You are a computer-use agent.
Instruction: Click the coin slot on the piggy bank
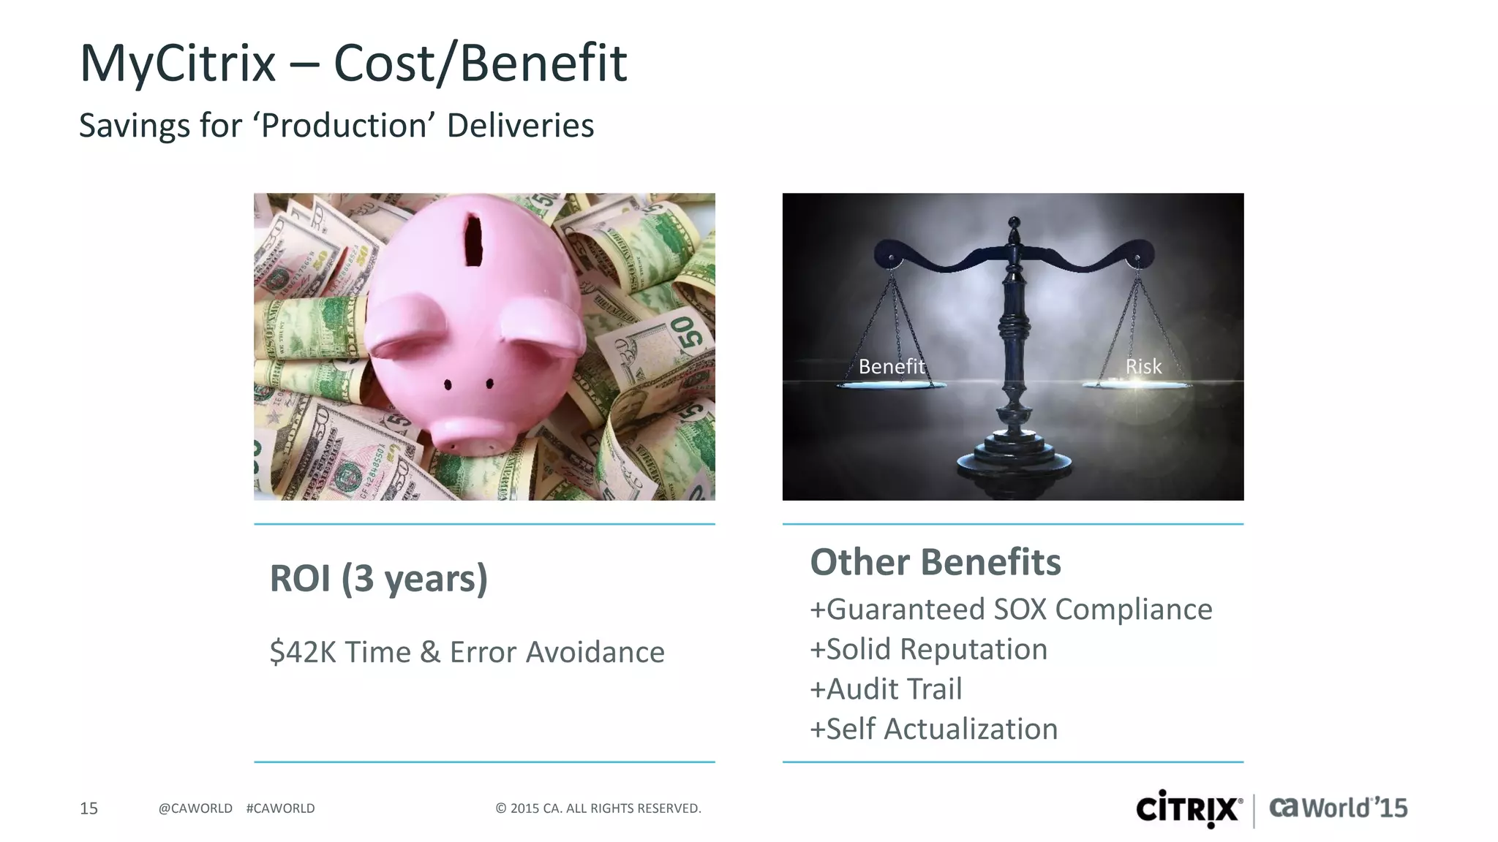click(474, 240)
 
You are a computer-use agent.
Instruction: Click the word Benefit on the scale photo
click(892, 366)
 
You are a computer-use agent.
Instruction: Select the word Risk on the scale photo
click(1143, 366)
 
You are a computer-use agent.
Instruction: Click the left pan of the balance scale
click(891, 384)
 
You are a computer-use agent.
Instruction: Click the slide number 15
click(89, 808)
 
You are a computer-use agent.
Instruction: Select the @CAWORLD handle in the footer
click(195, 808)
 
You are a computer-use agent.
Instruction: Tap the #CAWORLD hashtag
click(281, 808)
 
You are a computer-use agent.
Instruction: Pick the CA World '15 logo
click(1338, 808)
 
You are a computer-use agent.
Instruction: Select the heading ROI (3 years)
click(378, 578)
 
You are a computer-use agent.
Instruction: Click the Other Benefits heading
click(936, 562)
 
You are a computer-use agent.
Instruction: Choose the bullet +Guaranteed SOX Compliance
click(1011, 610)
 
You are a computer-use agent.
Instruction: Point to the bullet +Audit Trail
click(886, 689)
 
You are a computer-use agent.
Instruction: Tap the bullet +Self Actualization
click(933, 729)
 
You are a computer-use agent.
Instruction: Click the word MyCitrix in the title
click(178, 63)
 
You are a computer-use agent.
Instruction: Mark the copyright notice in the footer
click(598, 808)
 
